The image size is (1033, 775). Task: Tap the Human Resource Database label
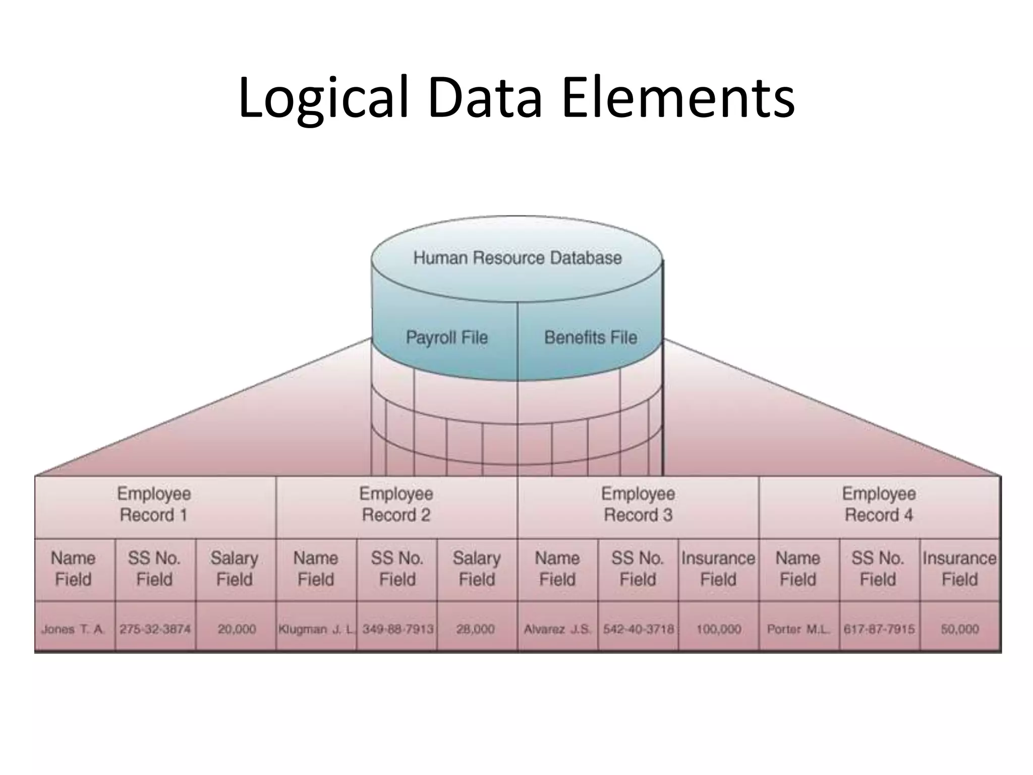517,258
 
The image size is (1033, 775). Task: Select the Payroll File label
447,337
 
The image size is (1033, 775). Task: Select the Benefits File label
591,337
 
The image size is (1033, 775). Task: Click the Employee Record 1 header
154,504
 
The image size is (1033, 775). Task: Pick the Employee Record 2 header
396,504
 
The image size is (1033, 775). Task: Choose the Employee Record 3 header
638,504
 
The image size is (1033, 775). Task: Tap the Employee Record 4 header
879,504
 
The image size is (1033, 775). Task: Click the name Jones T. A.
73,629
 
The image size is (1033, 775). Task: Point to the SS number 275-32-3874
155,629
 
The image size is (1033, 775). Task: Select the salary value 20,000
237,629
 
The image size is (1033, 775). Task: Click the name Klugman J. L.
316,629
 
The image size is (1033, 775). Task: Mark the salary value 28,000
475,629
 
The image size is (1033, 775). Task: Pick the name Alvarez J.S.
557,629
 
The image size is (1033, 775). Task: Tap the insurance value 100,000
718,629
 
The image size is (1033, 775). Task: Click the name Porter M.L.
798,629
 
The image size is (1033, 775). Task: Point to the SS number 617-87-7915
879,629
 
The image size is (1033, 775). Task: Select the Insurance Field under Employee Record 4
959,569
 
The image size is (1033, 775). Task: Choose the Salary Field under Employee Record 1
235,569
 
